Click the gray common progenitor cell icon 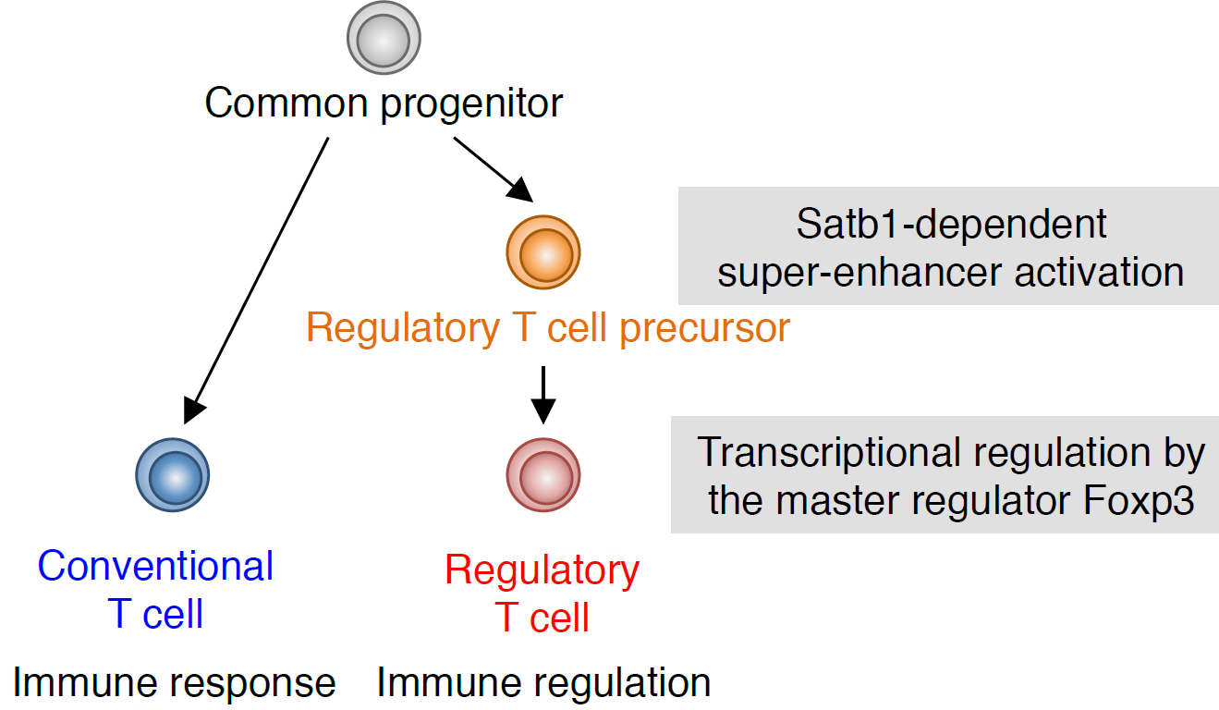[384, 38]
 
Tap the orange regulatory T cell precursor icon [543, 252]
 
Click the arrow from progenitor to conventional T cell [258, 277]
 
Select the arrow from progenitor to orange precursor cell [492, 168]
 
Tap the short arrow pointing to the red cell [543, 394]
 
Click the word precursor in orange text [704, 328]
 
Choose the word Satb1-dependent [951, 225]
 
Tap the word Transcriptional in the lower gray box [820, 454]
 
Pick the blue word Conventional [155, 566]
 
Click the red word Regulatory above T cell [542, 570]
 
